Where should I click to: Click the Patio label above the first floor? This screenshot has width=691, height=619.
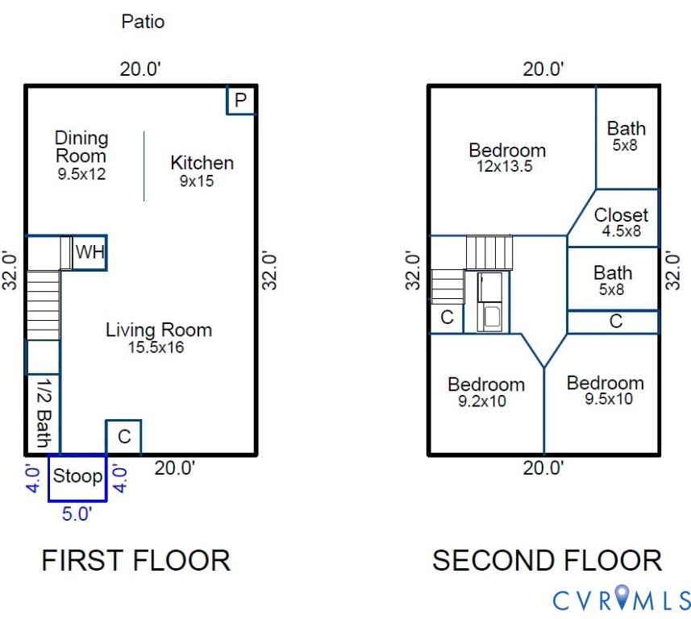(x=143, y=21)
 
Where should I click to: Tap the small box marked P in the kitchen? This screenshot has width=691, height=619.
(x=240, y=101)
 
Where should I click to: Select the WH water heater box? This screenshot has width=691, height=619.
(x=89, y=252)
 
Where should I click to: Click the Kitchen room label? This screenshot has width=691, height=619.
(x=202, y=163)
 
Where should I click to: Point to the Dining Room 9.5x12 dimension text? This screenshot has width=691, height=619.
(x=81, y=173)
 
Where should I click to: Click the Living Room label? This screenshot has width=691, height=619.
(x=159, y=330)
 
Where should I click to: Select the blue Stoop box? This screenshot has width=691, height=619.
(x=77, y=476)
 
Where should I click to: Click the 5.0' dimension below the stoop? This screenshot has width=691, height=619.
(x=77, y=513)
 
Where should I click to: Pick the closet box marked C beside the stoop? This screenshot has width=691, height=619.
(x=123, y=437)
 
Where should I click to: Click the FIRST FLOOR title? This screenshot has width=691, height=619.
(x=135, y=560)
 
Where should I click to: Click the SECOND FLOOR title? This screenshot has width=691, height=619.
(x=547, y=560)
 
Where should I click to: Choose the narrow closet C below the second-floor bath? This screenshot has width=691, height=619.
(x=614, y=322)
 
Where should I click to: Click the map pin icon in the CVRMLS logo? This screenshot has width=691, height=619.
(x=622, y=597)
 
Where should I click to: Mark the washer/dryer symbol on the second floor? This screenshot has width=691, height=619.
(x=490, y=302)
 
